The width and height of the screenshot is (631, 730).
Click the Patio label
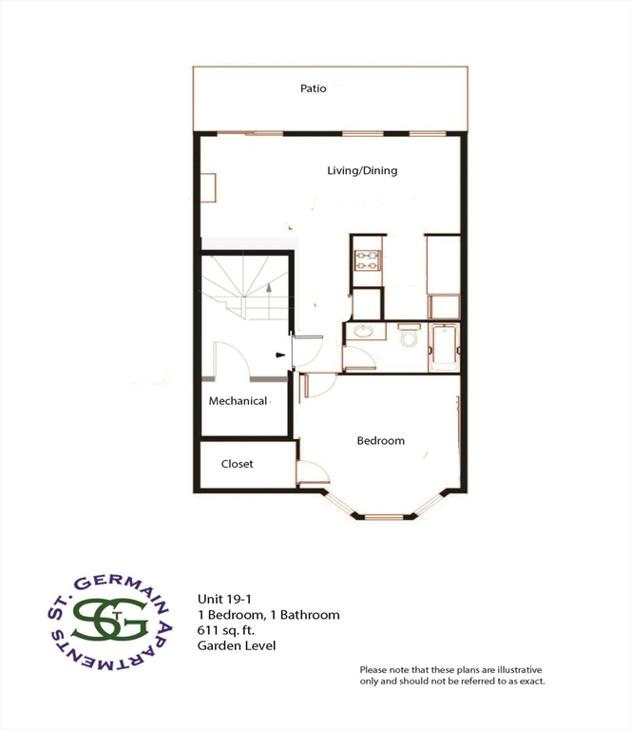pos(314,88)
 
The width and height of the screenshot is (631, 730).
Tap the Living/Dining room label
pos(362,171)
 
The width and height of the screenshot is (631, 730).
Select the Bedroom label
pos(380,441)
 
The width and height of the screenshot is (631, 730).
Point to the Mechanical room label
pos(238,401)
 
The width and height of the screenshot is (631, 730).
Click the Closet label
pos(238,465)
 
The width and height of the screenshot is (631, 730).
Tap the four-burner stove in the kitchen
pos(366,259)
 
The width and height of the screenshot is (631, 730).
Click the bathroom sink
pos(361,334)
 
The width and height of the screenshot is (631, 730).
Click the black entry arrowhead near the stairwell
pos(280,355)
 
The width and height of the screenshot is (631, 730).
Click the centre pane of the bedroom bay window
pos(385,517)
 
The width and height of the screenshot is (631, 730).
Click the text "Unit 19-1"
pos(222,599)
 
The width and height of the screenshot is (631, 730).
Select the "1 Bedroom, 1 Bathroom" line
pos(268,615)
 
